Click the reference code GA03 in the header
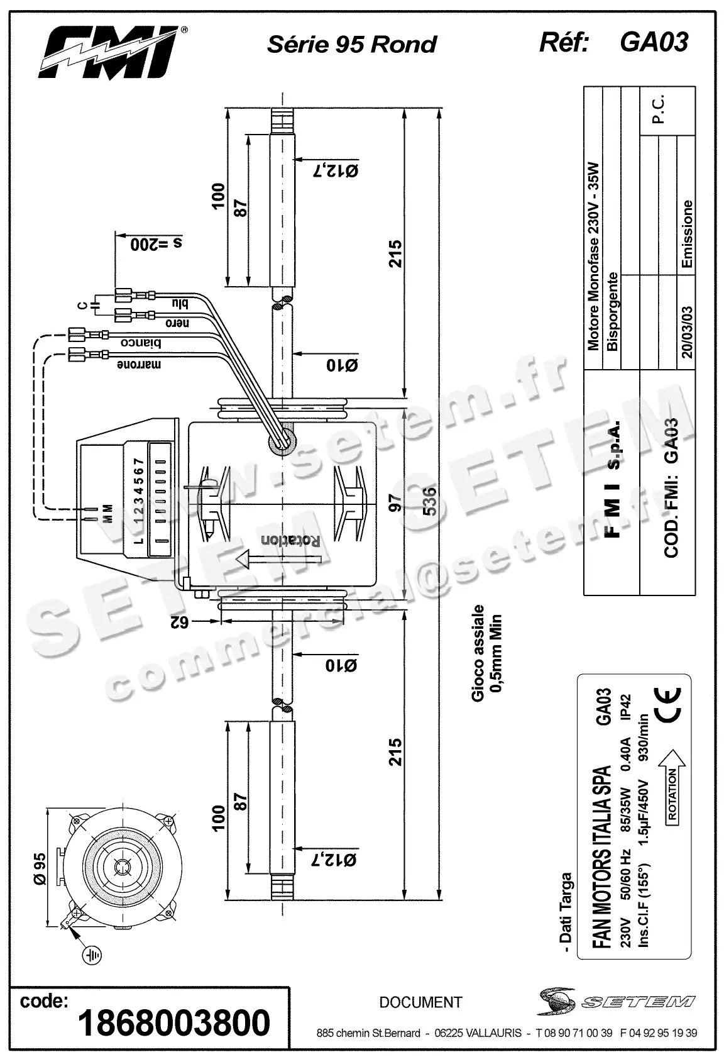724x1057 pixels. (653, 42)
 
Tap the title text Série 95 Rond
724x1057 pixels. (351, 44)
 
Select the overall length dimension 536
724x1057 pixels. (431, 501)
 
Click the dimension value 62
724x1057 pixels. (180, 622)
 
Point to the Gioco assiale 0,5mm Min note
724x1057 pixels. (487, 654)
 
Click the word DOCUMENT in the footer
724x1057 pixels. (420, 1002)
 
